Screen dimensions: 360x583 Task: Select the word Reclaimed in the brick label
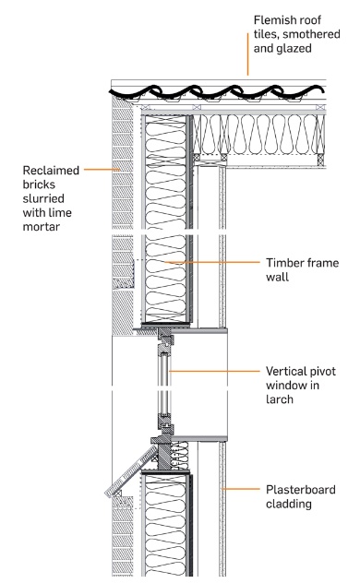pos(51,171)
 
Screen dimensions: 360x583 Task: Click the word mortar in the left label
pos(42,226)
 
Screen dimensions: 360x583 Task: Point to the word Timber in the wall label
pos(283,263)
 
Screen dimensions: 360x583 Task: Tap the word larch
pos(280,399)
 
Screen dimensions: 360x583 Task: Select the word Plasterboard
pos(301,490)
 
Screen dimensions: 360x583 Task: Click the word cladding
pos(289,504)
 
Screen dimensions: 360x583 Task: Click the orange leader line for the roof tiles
pos(247,54)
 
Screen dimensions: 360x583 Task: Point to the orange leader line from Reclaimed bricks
pos(102,170)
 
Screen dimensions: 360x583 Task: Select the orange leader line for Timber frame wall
pos(212,262)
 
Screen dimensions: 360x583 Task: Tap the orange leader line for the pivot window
pos(214,371)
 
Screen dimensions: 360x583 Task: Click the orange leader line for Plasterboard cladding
pos(241,489)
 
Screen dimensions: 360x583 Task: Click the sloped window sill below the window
pos(131,470)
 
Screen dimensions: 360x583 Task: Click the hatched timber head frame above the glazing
pos(165,339)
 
